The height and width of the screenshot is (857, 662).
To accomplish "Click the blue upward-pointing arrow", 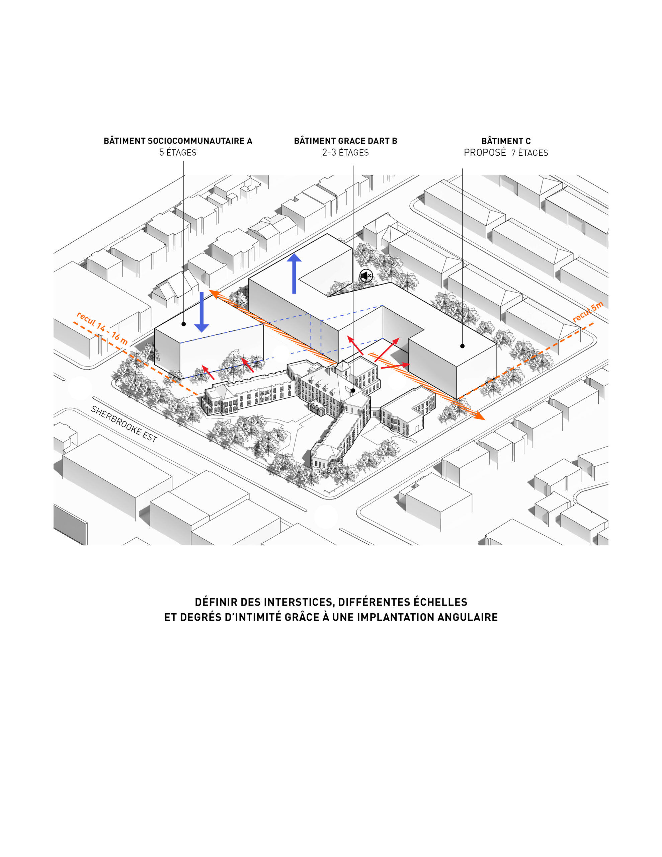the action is click(294, 273).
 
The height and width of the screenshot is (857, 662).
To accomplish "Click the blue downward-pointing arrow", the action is click(202, 312).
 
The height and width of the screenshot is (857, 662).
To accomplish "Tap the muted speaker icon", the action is click(366, 276).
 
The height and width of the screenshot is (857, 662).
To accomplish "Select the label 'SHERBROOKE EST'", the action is click(124, 424).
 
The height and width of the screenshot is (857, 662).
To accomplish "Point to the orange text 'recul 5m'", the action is click(588, 312).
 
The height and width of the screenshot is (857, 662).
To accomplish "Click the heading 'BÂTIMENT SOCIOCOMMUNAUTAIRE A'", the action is click(178, 141).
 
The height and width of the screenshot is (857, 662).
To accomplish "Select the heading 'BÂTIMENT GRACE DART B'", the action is click(345, 141).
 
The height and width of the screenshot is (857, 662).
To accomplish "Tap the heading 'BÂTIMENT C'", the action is click(506, 141).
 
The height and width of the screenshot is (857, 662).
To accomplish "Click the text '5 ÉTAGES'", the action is click(178, 153).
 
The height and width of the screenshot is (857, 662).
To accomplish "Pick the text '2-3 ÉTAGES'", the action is click(345, 153).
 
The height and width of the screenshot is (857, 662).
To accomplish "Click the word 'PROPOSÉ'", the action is click(485, 153).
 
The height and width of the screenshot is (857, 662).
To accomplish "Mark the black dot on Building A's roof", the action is click(184, 324).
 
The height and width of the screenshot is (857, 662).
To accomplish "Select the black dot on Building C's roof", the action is click(462, 346).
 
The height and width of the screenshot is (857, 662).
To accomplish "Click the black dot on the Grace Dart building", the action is click(353, 390).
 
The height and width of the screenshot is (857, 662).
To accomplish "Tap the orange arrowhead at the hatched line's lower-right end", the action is click(479, 416).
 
